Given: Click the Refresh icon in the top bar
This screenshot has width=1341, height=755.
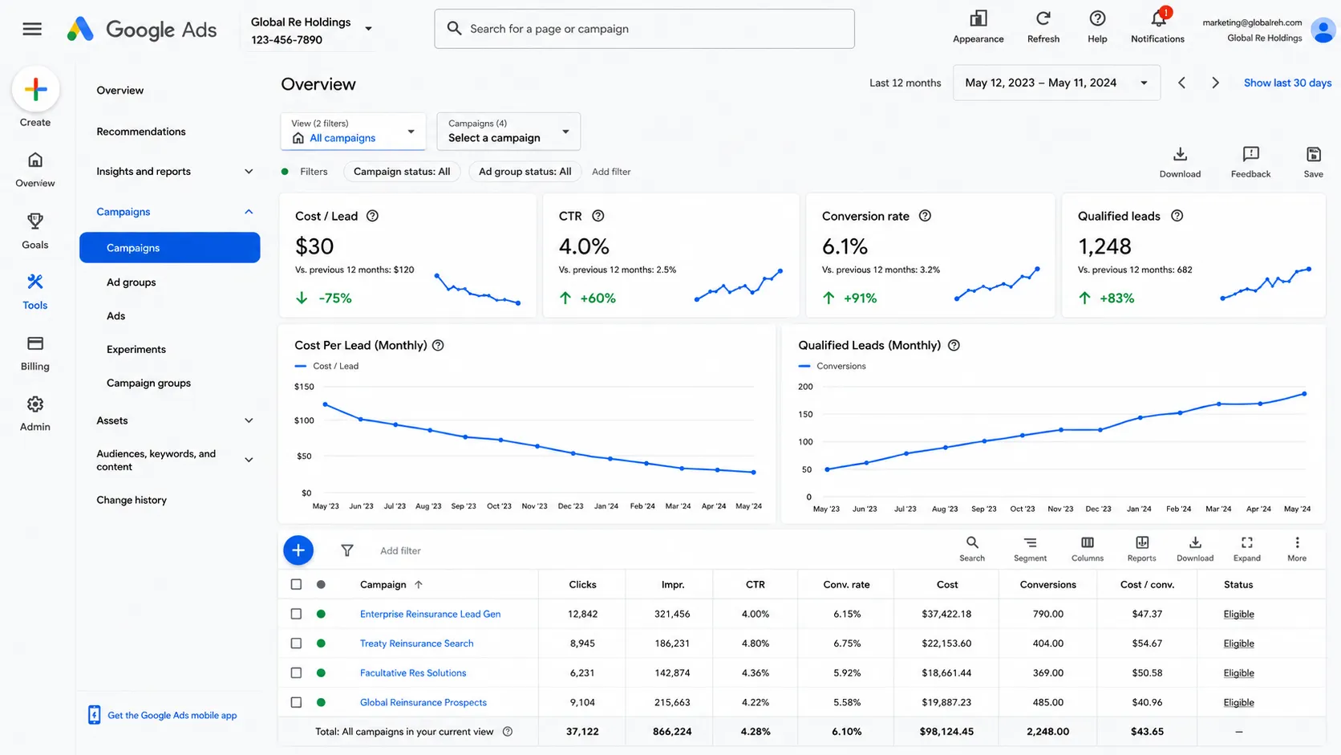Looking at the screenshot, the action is (x=1043, y=19).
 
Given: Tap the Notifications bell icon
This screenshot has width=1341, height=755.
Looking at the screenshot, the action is (x=1158, y=19).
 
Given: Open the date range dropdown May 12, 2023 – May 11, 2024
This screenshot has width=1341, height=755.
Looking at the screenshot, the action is (x=1056, y=83).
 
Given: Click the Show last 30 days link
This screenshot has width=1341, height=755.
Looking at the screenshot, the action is (x=1287, y=83).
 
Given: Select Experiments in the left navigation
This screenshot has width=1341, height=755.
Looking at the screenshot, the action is (x=136, y=349).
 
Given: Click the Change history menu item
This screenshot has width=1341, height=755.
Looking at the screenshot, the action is (x=131, y=500).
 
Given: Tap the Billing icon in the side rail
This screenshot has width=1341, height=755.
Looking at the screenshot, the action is (x=35, y=343).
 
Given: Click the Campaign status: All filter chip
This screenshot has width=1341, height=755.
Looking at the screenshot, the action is (x=402, y=172).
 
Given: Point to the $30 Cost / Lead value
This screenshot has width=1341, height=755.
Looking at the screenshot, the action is (x=314, y=246).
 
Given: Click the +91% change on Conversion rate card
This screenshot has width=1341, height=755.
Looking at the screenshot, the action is (x=860, y=298).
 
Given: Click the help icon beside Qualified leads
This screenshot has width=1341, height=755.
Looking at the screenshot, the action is (x=1177, y=216).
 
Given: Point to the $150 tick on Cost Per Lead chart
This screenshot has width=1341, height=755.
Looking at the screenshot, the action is (x=304, y=387).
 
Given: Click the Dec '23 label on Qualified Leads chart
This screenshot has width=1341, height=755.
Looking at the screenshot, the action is (x=1098, y=509).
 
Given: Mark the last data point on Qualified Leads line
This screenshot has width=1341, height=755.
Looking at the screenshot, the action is (x=1304, y=394).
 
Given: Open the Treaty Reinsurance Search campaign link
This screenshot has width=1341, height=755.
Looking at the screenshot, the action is (x=417, y=643).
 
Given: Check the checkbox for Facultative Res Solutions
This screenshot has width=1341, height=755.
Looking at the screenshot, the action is (x=296, y=672).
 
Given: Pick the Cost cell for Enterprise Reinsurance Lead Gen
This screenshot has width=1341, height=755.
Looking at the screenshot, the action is (x=946, y=614).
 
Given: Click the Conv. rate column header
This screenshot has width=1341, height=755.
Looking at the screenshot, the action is (x=846, y=584).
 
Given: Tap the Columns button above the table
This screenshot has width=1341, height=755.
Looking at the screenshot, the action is (x=1088, y=549).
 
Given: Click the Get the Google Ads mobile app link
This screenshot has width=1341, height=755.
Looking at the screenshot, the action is (x=172, y=715).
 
